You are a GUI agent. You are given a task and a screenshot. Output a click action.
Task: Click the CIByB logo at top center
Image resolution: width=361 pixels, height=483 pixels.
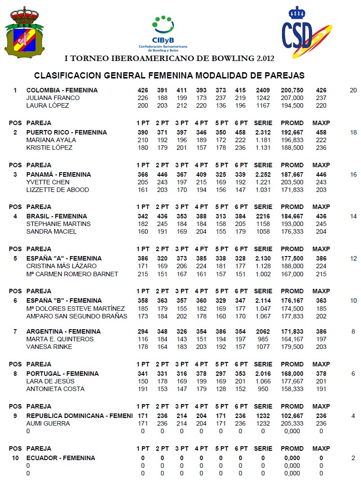(163, 32)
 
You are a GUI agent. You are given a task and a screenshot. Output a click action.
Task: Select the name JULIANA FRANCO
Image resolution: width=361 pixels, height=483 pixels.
(53, 98)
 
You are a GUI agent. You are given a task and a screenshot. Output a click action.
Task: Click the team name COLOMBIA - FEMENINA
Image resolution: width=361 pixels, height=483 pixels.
(62, 90)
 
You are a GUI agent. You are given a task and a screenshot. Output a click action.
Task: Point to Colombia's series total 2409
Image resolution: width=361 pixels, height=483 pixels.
(263, 90)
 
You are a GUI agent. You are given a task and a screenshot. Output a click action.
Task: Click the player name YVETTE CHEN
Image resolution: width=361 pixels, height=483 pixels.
(48, 182)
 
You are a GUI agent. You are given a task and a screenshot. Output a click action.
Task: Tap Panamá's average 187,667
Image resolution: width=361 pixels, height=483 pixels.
(292, 174)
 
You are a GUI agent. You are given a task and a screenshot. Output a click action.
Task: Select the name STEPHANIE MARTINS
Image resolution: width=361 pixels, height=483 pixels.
(58, 224)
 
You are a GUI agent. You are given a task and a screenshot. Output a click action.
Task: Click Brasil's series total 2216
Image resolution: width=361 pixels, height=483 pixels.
(263, 216)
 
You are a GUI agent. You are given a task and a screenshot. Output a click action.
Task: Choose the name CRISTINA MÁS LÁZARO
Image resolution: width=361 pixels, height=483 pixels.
(61, 266)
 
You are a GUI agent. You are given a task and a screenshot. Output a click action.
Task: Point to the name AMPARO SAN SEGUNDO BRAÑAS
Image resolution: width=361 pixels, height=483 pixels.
(77, 316)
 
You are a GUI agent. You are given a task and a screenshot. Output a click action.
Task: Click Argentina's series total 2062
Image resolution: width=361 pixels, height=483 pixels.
(263, 331)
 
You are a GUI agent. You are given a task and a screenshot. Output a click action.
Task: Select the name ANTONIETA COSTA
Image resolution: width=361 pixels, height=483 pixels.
(55, 389)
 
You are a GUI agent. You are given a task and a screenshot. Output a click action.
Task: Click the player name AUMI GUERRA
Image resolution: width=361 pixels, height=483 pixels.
(48, 423)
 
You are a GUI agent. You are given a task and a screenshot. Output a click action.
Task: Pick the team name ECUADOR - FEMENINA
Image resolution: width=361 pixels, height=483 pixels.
(61, 458)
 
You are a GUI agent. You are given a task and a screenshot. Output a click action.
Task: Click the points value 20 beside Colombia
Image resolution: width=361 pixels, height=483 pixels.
(353, 90)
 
